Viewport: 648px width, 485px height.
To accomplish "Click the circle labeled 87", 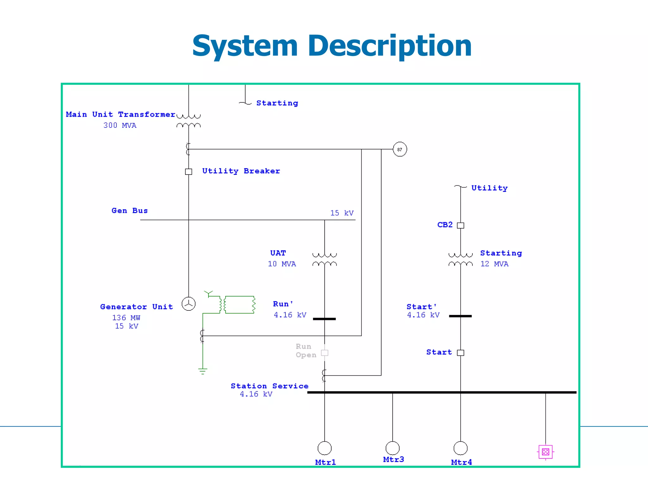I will [400, 149].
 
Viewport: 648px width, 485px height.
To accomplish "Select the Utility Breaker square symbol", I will [189, 172].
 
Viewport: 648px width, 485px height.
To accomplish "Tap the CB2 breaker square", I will [461, 225].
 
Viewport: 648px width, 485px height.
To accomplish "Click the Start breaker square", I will [461, 353].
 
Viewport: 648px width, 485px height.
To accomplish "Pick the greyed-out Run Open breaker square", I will [325, 353].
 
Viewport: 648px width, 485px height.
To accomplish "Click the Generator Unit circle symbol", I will [189, 304].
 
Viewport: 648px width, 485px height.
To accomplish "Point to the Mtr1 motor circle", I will [325, 448].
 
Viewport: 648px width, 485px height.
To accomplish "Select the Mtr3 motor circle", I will [393, 448].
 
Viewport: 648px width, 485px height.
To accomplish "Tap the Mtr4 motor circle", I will [461, 448].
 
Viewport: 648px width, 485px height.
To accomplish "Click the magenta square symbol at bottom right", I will [545, 452].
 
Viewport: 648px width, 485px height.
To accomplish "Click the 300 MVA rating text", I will [120, 126].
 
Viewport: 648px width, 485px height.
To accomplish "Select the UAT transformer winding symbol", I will [325, 259].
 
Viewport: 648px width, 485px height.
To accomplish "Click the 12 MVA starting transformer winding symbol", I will [461, 259].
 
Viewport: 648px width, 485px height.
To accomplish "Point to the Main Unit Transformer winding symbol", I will [189, 121].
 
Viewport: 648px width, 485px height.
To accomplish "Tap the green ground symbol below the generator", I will [203, 371].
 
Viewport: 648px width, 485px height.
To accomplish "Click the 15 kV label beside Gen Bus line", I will [342, 213].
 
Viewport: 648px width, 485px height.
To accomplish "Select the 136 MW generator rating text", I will [126, 318].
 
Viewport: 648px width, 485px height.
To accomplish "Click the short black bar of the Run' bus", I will [324, 319].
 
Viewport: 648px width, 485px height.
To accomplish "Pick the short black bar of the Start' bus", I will [460, 316].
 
